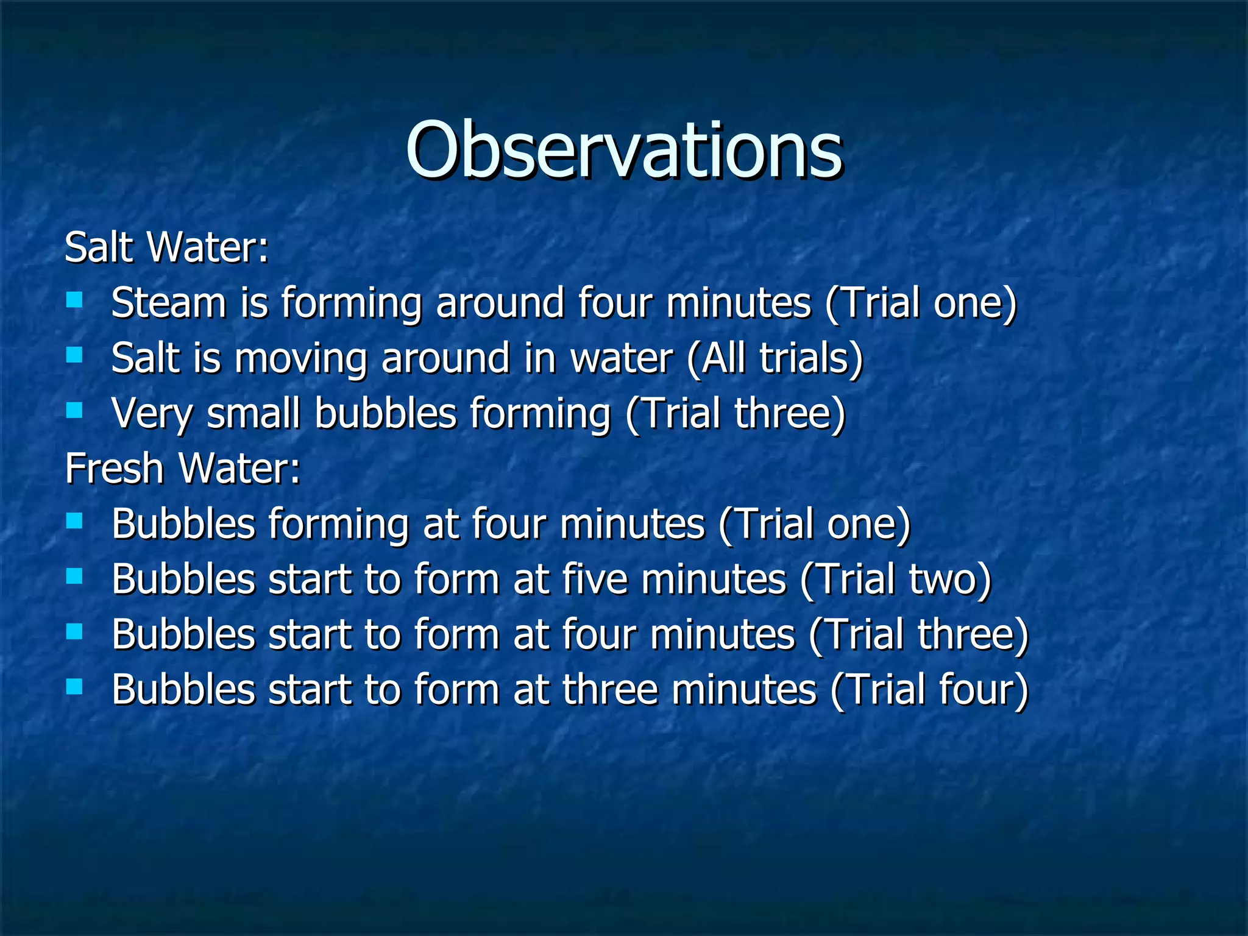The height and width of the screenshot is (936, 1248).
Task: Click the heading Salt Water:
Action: [166, 247]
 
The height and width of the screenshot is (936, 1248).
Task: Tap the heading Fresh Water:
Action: [182, 469]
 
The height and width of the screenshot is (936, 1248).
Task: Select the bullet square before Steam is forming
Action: [74, 299]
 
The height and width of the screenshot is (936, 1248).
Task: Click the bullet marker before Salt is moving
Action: [74, 355]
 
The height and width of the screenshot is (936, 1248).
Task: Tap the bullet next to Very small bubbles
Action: [74, 410]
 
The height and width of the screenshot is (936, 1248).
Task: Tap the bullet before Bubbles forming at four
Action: [74, 520]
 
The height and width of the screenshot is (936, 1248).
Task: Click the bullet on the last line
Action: [74, 687]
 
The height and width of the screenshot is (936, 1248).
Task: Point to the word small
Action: [253, 413]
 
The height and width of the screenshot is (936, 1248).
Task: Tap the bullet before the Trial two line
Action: [74, 576]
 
